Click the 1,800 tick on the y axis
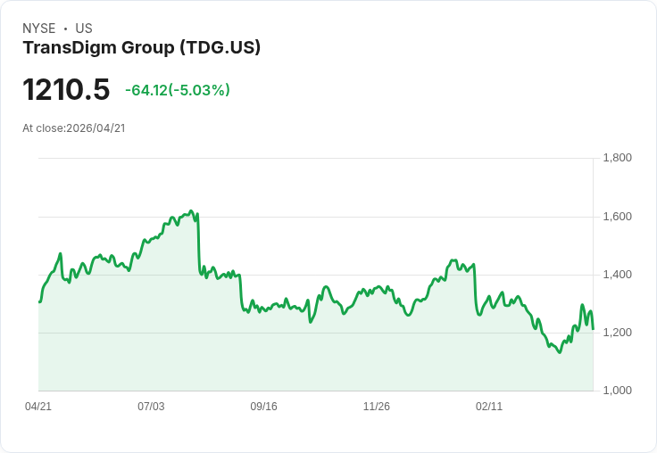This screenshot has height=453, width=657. [x=618, y=159]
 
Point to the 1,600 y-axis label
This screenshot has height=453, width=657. [x=618, y=217]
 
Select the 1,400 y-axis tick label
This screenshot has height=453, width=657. [x=618, y=275]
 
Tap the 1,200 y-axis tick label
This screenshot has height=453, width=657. [x=618, y=333]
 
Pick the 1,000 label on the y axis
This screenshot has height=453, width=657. [x=618, y=391]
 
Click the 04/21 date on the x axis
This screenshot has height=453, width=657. [x=38, y=407]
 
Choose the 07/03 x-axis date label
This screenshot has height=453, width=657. [x=151, y=407]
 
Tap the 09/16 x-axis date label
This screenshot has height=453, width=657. [x=264, y=407]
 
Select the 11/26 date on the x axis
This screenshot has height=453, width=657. [x=377, y=407]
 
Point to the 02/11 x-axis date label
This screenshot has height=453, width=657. [x=489, y=407]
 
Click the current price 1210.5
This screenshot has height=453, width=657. [x=66, y=90]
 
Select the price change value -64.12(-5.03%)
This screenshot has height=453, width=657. [x=178, y=90]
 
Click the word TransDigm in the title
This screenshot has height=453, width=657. [x=64, y=48]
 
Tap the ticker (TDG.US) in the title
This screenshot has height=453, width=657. [x=220, y=48]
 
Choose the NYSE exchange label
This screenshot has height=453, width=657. [x=39, y=29]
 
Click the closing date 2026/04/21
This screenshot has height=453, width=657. [x=96, y=128]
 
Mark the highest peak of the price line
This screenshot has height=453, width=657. [x=191, y=210]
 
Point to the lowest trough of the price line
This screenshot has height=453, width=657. [x=560, y=352]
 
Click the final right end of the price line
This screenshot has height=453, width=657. [x=594, y=329]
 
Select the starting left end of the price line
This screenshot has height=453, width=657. [x=39, y=301]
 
